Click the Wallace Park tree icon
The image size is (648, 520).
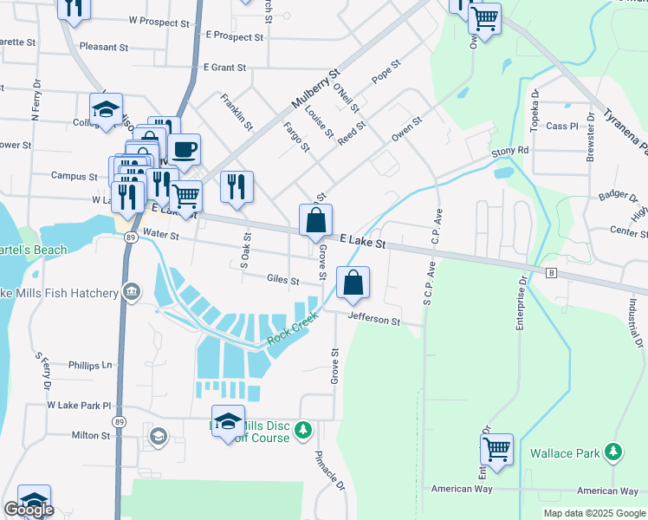coord(613,452)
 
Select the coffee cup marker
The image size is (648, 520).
coord(184,150)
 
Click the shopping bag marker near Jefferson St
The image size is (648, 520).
coord(353,283)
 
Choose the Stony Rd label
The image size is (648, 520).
coord(509,151)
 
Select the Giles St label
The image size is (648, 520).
coord(282,281)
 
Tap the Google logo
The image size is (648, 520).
coord(29,510)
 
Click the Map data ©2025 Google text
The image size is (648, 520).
coord(593,513)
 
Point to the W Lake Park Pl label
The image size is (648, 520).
coord(80,405)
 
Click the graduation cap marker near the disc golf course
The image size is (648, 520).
coord(227,422)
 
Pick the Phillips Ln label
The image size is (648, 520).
coord(91,366)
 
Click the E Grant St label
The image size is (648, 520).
coord(224,67)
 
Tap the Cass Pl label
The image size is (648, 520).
coord(561,127)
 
